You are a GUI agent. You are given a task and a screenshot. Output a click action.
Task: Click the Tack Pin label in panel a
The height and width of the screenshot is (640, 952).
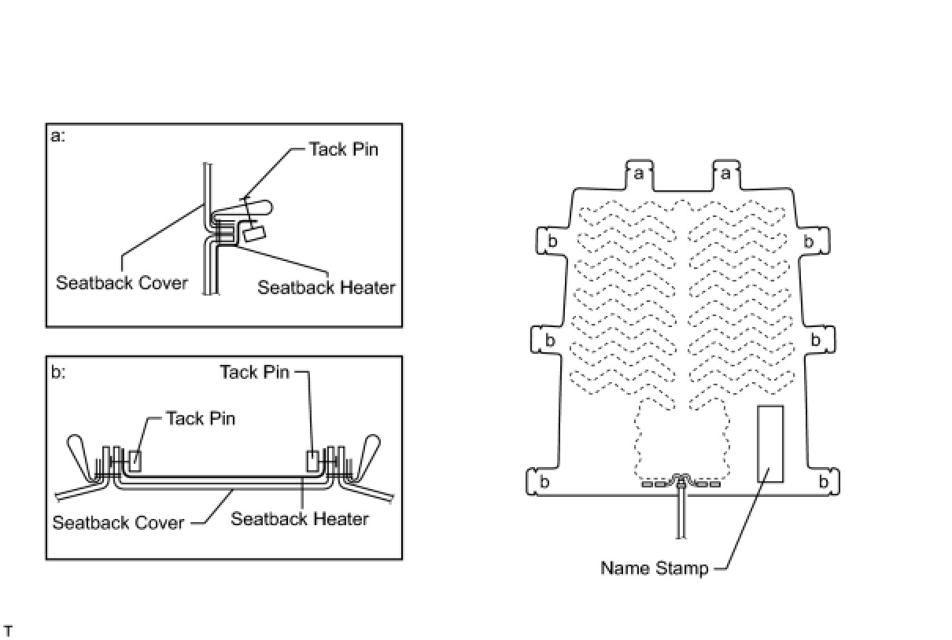pos(343,149)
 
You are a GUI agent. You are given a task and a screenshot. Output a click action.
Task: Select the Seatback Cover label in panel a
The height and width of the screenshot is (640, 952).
pos(122,282)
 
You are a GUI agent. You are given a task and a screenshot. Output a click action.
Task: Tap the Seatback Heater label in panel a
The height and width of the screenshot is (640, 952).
pos(326,288)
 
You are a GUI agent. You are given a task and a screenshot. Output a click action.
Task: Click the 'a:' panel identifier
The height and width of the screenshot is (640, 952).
pos(57,136)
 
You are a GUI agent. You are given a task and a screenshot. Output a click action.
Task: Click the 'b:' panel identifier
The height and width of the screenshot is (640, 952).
pos(57,372)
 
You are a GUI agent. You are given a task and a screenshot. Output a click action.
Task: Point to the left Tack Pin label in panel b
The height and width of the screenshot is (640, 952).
pos(200,418)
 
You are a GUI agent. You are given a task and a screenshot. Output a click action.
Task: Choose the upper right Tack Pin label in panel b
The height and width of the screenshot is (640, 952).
pos(254,372)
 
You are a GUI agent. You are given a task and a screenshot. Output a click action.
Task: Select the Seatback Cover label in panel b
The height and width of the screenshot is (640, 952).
pos(118,522)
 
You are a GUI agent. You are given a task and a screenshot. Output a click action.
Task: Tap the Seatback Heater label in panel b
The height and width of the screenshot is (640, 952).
pos(299,519)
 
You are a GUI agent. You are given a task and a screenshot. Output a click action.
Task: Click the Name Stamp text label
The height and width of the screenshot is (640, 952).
pos(654,568)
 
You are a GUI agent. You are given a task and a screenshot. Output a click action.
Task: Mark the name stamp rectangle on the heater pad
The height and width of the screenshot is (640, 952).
pos(769,443)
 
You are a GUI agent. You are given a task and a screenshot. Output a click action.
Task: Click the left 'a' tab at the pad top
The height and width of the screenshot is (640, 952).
pos(639,173)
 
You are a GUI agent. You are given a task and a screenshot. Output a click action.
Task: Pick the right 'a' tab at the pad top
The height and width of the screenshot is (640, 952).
pos(726,173)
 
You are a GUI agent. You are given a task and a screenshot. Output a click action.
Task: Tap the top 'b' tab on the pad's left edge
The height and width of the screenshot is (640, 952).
pos(552,241)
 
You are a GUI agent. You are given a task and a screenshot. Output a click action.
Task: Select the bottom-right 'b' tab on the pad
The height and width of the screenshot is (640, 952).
pos(824,481)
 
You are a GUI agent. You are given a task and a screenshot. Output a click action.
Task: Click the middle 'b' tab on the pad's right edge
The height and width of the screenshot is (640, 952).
pos(816,340)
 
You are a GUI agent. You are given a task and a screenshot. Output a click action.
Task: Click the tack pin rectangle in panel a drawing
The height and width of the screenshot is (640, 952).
pos(254,233)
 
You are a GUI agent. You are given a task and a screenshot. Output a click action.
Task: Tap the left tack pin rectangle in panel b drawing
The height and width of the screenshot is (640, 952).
pos(135,460)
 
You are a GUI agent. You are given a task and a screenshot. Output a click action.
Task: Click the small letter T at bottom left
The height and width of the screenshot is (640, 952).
pos(8,631)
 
